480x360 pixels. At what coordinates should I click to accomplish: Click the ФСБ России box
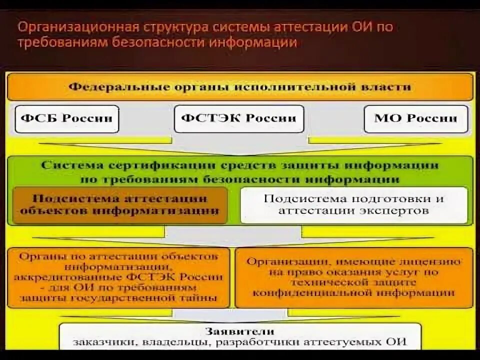[67, 118]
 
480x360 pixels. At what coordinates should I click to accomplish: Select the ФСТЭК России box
[239, 118]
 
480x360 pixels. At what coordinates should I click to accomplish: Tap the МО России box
[415, 118]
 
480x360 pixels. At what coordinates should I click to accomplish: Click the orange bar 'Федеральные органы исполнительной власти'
[239, 87]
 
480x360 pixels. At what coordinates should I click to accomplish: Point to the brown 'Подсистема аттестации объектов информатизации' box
[120, 204]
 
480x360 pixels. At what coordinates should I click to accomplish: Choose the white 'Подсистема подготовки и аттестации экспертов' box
[354, 204]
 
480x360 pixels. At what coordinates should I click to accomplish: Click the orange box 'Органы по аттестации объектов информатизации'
[119, 277]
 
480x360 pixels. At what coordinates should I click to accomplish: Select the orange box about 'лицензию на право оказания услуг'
[354, 277]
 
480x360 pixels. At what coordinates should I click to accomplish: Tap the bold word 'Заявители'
[239, 331]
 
